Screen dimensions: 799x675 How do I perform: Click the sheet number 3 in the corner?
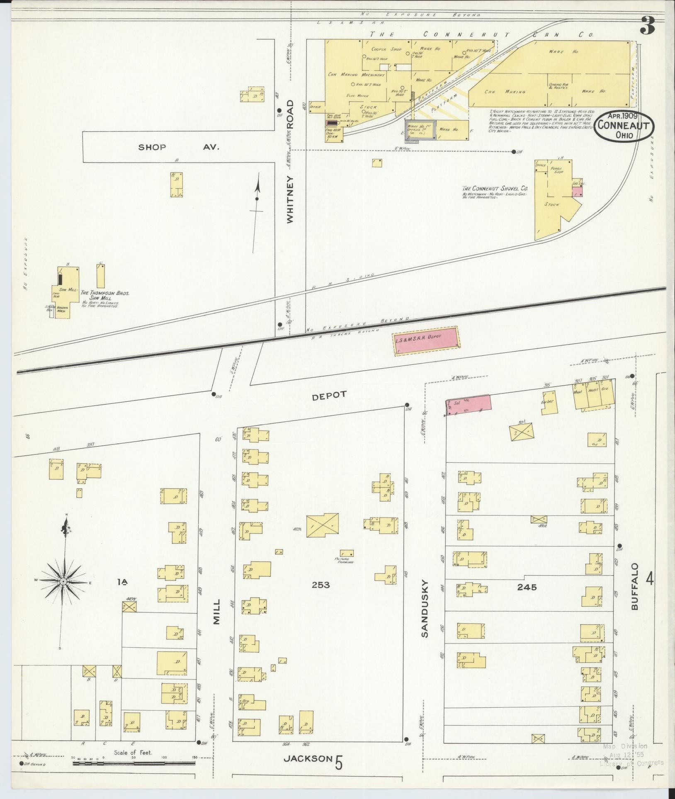[648, 26]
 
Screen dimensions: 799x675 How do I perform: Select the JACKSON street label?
[308, 770]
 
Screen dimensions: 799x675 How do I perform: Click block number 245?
[527, 587]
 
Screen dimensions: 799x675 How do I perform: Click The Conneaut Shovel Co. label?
[492, 188]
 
